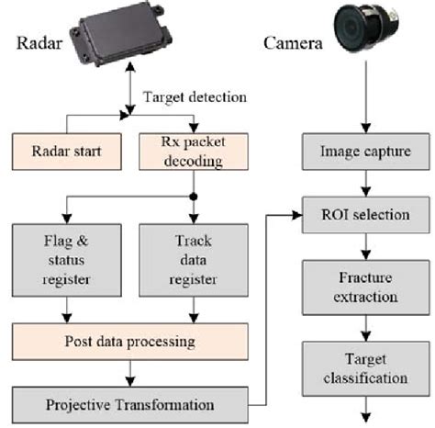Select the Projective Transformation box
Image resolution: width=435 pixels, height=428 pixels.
point(128,403)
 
